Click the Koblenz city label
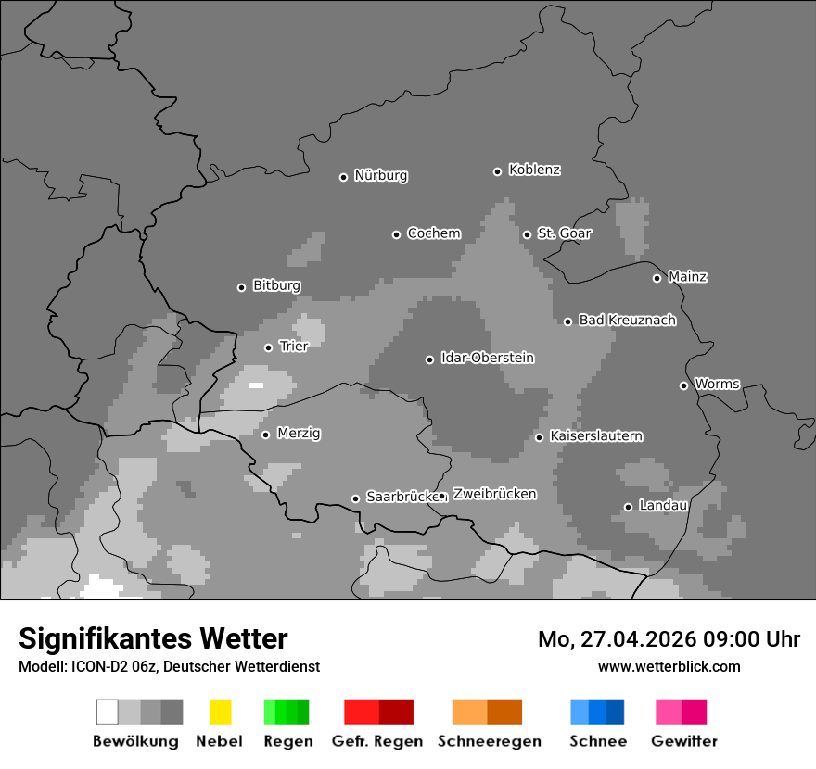click(x=534, y=170)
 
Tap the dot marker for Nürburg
click(x=343, y=177)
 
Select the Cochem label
click(x=434, y=233)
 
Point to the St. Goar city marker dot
click(x=527, y=234)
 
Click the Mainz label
click(x=687, y=277)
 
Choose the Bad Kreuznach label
click(x=627, y=321)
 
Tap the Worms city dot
click(x=683, y=385)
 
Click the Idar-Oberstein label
click(x=487, y=358)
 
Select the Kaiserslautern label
click(x=595, y=435)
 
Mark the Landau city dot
click(x=628, y=507)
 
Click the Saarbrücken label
click(x=402, y=497)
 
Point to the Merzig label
click(x=299, y=434)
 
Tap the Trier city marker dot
click(x=268, y=347)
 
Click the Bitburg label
click(x=276, y=285)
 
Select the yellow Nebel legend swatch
click(x=220, y=712)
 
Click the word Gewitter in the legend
click(x=683, y=741)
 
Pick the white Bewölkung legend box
click(x=108, y=712)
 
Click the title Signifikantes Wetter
click(x=153, y=638)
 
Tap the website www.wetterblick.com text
click(x=669, y=666)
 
